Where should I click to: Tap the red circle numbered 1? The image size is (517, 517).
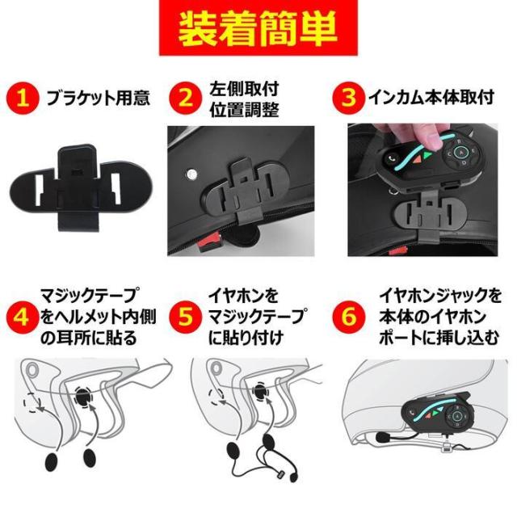[x=22, y=98]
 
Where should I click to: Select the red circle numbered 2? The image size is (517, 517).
[x=185, y=98]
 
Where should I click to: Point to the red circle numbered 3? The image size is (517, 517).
[x=348, y=97]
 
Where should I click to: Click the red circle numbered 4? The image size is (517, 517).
[x=22, y=316]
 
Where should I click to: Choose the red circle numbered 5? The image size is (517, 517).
[x=185, y=316]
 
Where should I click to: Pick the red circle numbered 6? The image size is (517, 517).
[x=348, y=316]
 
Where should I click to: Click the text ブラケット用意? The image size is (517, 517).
[x=99, y=98]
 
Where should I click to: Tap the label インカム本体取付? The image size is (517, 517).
[x=431, y=97]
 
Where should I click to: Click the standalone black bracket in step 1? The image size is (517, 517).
[x=81, y=187]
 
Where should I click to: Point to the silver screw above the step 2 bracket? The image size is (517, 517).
[x=191, y=173]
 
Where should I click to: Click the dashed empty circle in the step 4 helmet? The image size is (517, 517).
[x=32, y=403]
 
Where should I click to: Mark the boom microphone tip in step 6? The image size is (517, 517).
[x=382, y=437]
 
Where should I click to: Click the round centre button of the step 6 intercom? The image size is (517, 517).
[x=456, y=415]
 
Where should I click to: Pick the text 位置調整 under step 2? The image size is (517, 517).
[x=244, y=110]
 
